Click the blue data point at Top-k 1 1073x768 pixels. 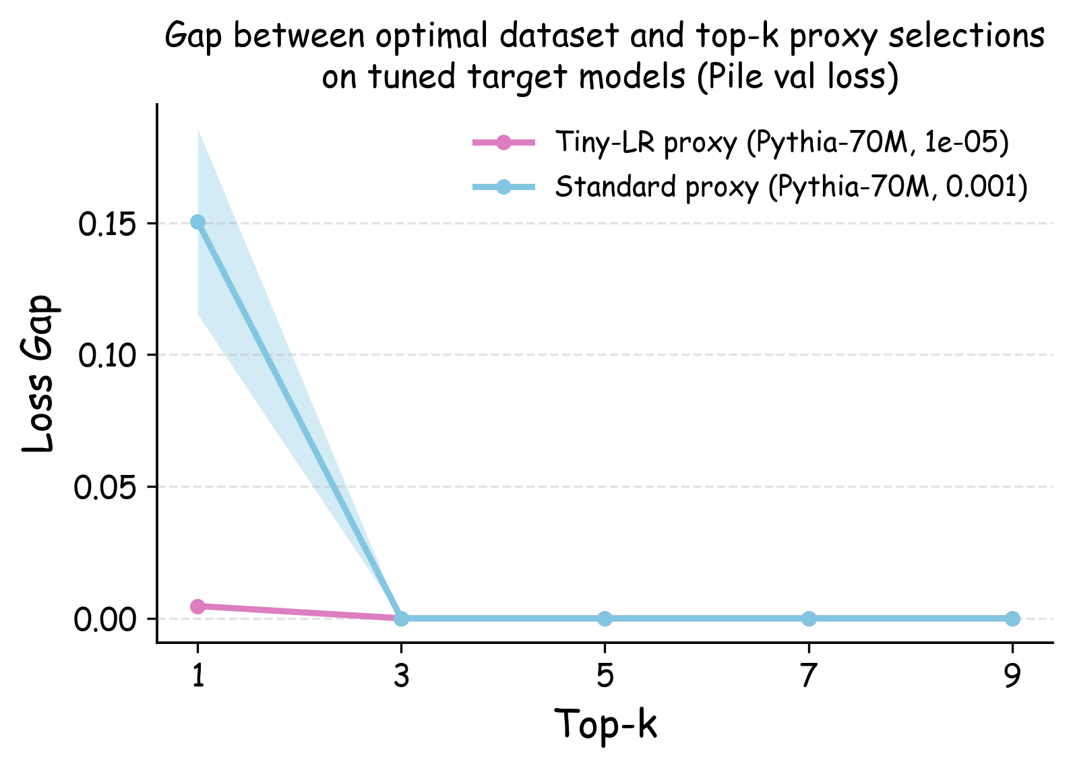[x=197, y=222]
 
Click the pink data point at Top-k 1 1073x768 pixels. [x=197, y=606]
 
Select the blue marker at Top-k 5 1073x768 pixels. [x=605, y=618]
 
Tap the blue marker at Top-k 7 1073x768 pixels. [x=809, y=618]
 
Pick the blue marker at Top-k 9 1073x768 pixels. [x=1012, y=618]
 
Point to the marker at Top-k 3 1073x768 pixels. [x=401, y=618]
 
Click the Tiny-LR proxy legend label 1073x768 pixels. [x=782, y=143]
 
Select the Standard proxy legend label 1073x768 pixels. [x=791, y=187]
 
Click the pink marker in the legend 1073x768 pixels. [x=503, y=143]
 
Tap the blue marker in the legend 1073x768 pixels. [x=503, y=187]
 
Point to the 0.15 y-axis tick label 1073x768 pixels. [x=109, y=225]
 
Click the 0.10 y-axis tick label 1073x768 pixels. [x=109, y=356]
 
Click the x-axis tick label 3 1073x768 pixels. [x=402, y=676]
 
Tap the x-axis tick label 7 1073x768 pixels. [x=809, y=676]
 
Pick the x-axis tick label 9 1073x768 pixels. [x=1012, y=676]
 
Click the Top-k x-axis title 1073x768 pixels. [x=605, y=725]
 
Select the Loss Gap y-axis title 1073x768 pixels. [x=38, y=374]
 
